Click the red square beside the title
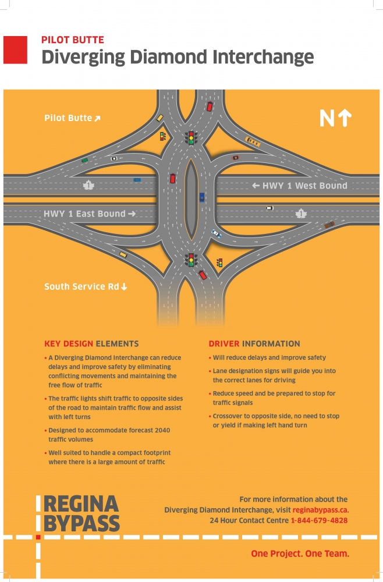tap(15, 49)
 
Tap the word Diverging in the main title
tap(83, 58)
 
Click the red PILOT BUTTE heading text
tap(73, 40)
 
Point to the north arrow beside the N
tap(345, 118)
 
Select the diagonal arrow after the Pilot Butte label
tap(97, 118)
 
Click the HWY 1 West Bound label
tap(300, 186)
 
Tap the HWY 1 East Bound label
tap(90, 214)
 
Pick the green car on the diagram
tap(85, 161)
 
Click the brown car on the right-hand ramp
tap(329, 225)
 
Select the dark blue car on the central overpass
tap(202, 197)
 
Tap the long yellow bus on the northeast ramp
tap(253, 141)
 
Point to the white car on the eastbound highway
tap(270, 208)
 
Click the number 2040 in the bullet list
tap(162, 430)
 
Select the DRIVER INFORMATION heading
tap(254, 344)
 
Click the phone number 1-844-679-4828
tap(319, 520)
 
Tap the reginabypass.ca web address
tap(321, 510)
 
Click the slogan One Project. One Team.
tap(300, 554)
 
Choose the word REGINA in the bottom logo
tap(81, 504)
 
